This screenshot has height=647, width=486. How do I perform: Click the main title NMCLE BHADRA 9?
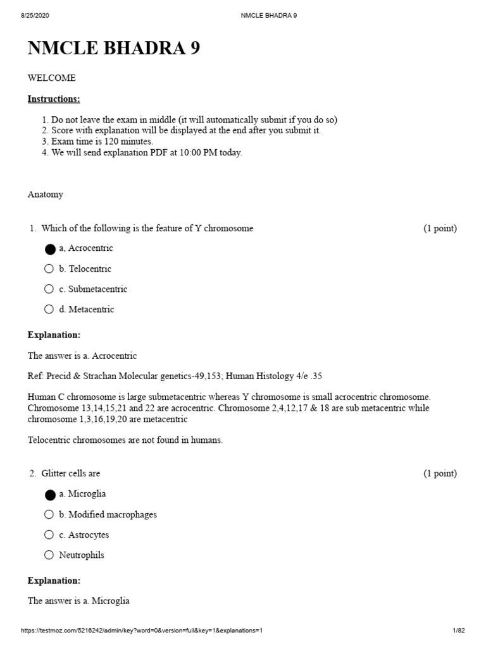pyautogui.click(x=114, y=48)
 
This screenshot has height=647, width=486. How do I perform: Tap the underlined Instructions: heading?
pyautogui.click(x=54, y=99)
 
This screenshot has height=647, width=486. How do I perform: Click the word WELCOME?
pyautogui.click(x=51, y=78)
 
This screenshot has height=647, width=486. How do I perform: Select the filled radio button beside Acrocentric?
pyautogui.click(x=49, y=249)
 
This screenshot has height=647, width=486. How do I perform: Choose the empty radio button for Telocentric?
pyautogui.click(x=49, y=269)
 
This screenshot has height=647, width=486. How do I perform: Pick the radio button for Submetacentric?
pyautogui.click(x=49, y=289)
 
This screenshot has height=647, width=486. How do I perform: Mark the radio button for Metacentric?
pyautogui.click(x=49, y=310)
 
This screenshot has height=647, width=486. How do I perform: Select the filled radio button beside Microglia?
pyautogui.click(x=49, y=494)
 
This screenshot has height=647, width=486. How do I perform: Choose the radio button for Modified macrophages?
pyautogui.click(x=49, y=514)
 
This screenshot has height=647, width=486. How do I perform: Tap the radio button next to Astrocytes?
pyautogui.click(x=49, y=535)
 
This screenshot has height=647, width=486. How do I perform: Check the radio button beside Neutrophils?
pyautogui.click(x=49, y=555)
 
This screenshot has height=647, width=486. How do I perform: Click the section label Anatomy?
pyautogui.click(x=45, y=195)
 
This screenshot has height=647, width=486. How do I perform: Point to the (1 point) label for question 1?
pyautogui.click(x=440, y=228)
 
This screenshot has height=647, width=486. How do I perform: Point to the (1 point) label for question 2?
pyautogui.click(x=440, y=473)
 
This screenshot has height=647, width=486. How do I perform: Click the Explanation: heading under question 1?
pyautogui.click(x=54, y=335)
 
